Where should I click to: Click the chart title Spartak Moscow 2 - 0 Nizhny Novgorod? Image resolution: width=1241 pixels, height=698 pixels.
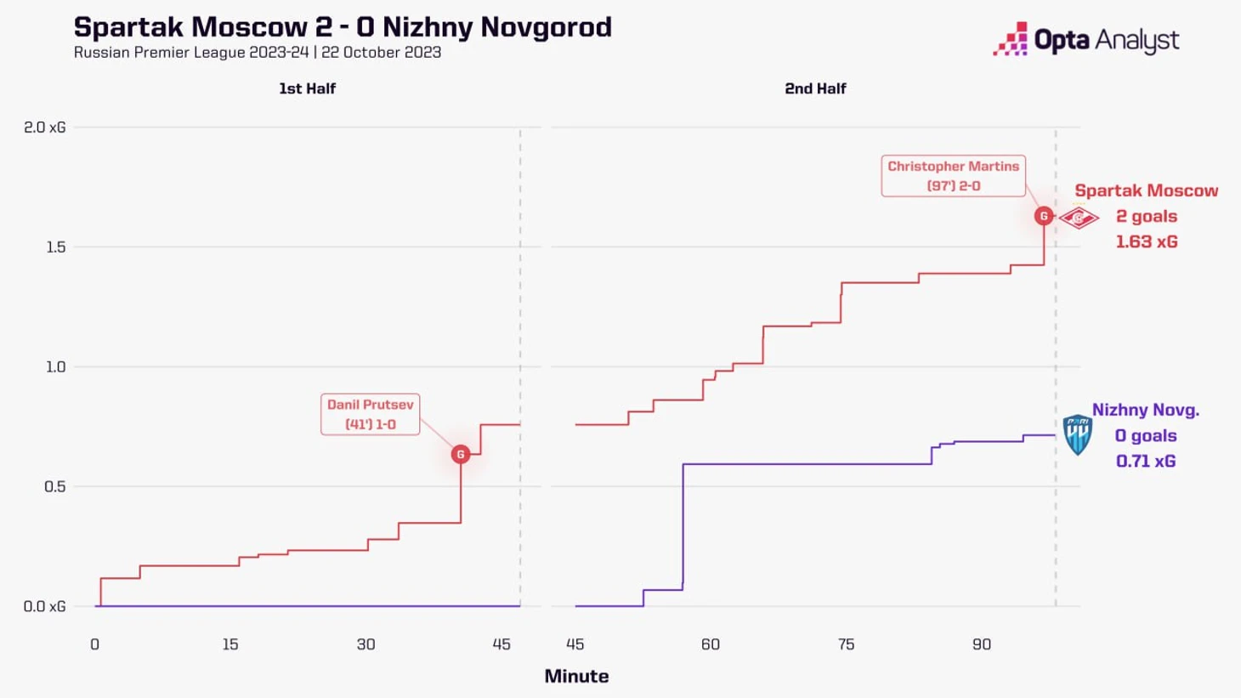343,27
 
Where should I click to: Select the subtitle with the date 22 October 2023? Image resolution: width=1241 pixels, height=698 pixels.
257,53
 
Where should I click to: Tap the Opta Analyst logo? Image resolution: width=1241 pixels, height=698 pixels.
1085,39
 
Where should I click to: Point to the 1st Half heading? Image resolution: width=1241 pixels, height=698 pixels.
307,88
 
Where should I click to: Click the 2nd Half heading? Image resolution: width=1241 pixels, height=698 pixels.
815,88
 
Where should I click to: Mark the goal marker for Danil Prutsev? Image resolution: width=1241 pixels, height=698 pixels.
461,454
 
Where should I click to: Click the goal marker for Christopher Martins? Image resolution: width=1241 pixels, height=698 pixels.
1044,216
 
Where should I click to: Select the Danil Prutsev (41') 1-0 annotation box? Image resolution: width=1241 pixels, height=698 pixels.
370,414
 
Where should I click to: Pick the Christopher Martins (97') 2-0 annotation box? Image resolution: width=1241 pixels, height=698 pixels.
953,176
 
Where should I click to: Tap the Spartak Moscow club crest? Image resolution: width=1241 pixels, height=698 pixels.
1079,218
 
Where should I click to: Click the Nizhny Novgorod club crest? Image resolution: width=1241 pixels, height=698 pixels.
1077,434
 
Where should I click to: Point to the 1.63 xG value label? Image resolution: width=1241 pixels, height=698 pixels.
1146,241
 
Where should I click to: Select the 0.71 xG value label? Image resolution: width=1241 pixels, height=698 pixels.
1145,461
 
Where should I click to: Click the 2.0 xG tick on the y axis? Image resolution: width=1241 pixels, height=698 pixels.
45,128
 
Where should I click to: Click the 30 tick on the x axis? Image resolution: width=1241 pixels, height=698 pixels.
365,644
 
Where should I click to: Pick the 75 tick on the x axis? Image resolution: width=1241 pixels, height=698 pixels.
846,644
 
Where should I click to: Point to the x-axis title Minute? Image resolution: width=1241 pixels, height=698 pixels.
576,676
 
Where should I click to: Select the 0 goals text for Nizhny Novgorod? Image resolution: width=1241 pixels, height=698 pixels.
1145,435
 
